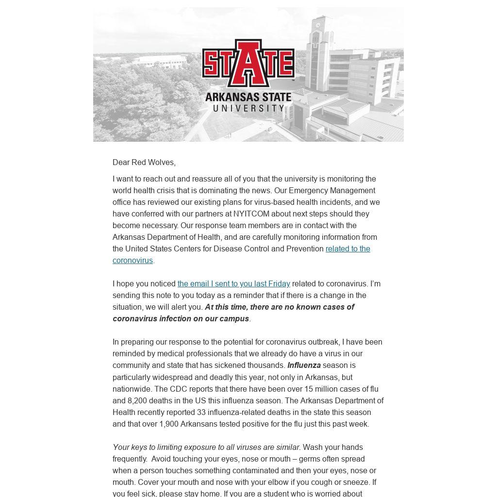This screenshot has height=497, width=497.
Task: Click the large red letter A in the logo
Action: (248, 63)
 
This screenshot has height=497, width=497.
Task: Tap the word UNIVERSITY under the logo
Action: (248, 108)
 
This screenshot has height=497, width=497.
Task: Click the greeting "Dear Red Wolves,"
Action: (144, 163)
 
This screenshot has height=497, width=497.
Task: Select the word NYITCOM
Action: (251, 214)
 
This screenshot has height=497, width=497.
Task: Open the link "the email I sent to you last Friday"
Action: (233, 284)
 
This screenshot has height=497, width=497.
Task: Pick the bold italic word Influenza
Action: (304, 365)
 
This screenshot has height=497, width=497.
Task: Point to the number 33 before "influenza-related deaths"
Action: (202, 412)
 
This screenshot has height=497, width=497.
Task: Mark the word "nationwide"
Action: (132, 389)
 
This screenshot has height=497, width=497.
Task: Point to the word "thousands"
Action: (266, 365)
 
